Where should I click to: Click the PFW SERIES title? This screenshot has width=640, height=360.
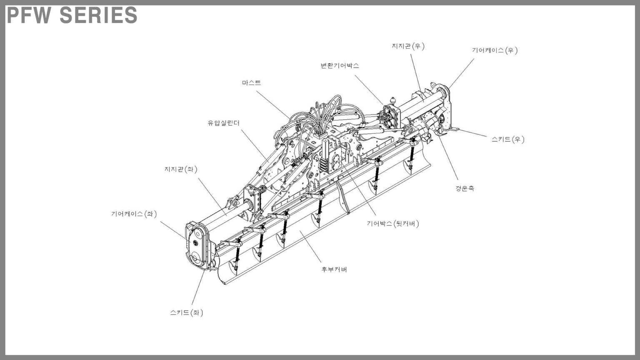point(72,15)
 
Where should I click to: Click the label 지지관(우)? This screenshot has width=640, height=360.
point(408,46)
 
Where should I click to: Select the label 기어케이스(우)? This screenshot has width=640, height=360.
point(495,50)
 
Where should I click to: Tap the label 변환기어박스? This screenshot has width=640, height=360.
point(340,66)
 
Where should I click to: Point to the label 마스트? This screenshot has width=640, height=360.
point(251,83)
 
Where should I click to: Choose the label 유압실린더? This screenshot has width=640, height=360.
point(224,123)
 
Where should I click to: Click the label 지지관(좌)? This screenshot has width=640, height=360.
point(180,169)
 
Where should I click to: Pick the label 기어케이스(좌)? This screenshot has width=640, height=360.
point(134,214)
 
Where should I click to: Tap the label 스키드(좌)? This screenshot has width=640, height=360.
point(186,312)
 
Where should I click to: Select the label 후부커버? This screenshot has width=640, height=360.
point(334,270)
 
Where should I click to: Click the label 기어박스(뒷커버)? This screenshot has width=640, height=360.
point(392,224)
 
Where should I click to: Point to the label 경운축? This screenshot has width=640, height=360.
point(464,188)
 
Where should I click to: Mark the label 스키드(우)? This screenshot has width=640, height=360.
point(507,139)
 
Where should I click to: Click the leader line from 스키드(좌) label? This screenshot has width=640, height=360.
point(198,287)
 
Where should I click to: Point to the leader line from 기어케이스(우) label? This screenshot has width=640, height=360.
point(462,73)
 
